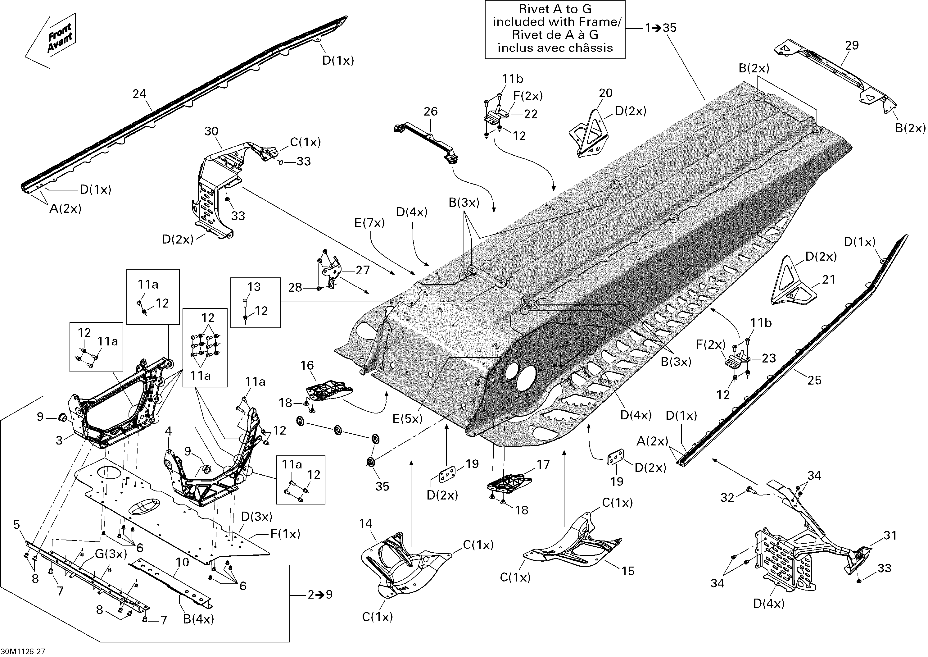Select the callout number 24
tap(139, 94)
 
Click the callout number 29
tap(852, 45)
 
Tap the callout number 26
tap(431, 111)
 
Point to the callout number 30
tap(211, 131)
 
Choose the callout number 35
tap(382, 486)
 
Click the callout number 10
tap(182, 562)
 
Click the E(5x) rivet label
tap(408, 419)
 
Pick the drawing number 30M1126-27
tap(23, 651)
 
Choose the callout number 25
tap(814, 380)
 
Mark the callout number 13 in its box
tap(254, 287)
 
